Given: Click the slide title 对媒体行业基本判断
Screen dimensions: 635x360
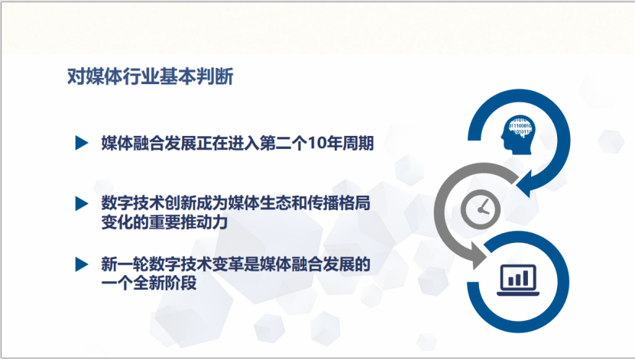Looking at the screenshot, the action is click(151, 76).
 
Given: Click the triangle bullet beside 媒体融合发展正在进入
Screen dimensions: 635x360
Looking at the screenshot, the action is click(82, 143).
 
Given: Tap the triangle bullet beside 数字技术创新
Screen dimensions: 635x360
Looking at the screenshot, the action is click(82, 203).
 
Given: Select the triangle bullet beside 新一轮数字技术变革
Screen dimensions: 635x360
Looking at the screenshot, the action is click(82, 264).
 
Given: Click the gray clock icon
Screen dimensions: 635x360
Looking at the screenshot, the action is click(481, 209).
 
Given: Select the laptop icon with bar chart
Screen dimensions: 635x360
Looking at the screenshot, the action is click(518, 281).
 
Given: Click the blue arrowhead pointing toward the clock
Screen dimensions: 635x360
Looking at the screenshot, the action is click(525, 184).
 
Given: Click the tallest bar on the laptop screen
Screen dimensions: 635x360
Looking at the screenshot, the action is click(526, 277).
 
